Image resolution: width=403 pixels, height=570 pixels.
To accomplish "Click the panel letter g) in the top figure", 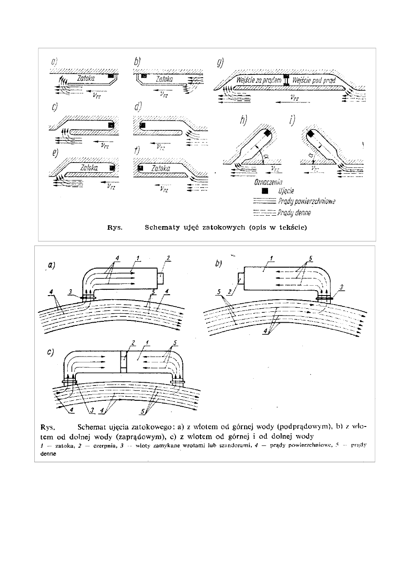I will click(x=220, y=62).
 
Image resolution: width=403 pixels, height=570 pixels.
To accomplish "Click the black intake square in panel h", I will click(x=267, y=133).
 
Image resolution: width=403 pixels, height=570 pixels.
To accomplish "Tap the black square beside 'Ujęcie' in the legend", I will click(x=265, y=191).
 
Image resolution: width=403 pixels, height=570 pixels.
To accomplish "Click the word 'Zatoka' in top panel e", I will click(x=89, y=167).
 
